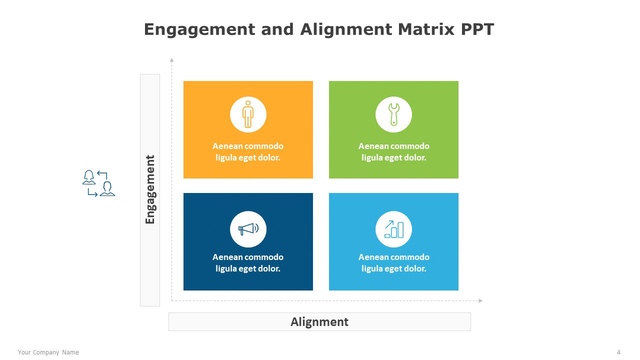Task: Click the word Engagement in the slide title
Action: tap(199, 30)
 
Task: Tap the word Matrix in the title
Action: tap(425, 29)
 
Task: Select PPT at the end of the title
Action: tap(477, 29)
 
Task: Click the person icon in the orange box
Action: tap(248, 114)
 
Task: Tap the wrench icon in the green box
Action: tap(393, 114)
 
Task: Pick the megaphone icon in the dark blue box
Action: tap(248, 229)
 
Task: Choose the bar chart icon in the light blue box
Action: tap(394, 229)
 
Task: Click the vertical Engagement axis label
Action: tap(150, 189)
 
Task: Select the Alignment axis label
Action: tap(319, 322)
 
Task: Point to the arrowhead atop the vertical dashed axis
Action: tap(171, 60)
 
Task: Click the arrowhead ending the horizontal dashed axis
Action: tap(480, 300)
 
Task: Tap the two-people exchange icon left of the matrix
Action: tap(98, 183)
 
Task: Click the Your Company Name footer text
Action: tap(48, 352)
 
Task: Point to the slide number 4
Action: tap(618, 352)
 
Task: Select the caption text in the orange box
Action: tap(248, 151)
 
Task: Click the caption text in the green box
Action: tap(393, 151)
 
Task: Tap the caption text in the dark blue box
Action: tap(248, 263)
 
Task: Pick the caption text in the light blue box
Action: tap(393, 263)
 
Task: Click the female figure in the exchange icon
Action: tap(89, 177)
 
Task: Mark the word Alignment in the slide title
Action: tap(346, 30)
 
